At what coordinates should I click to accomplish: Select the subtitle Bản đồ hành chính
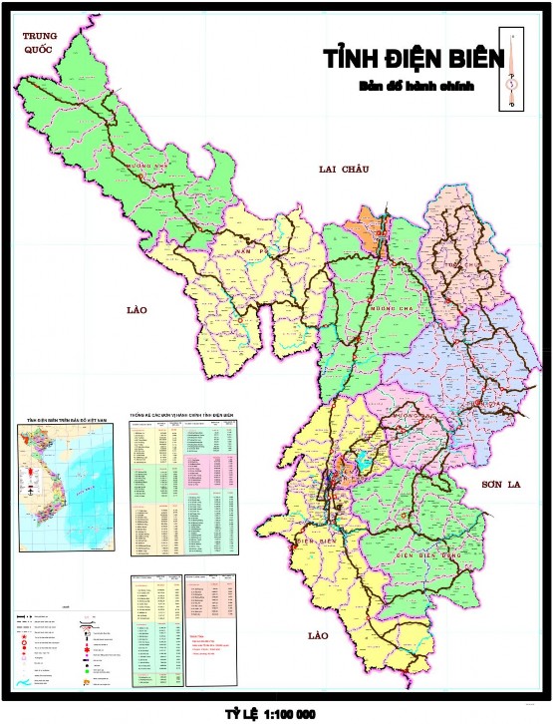point(415,87)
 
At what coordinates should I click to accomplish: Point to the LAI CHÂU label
point(344,169)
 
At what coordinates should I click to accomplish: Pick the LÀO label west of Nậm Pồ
point(138,310)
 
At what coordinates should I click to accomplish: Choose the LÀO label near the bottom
point(318,635)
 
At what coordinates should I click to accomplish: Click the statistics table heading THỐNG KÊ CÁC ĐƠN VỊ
point(181,412)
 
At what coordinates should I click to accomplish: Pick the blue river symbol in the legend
point(24,682)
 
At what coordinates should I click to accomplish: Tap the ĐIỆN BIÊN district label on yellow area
point(314,540)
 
